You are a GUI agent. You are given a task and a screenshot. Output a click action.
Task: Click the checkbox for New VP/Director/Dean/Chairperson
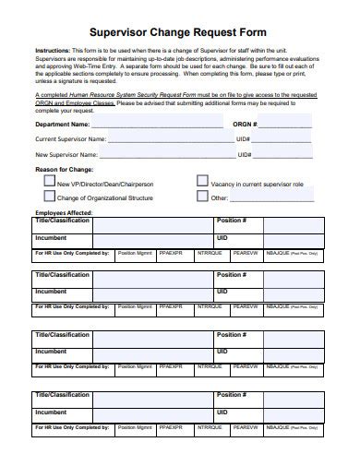(x=50, y=183)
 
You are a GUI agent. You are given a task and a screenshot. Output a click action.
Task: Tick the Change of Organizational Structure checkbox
(x=50, y=197)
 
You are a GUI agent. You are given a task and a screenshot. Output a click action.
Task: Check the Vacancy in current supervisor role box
(x=202, y=183)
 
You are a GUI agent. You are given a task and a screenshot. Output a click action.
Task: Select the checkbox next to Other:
(x=202, y=197)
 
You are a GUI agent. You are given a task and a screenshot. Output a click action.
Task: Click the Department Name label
(x=63, y=123)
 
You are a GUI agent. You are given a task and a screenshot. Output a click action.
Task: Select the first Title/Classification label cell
(x=62, y=222)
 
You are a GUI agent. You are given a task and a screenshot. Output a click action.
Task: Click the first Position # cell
(x=232, y=222)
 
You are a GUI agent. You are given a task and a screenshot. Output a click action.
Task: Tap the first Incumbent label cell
(x=51, y=237)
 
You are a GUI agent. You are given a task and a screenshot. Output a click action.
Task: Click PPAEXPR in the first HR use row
(x=171, y=252)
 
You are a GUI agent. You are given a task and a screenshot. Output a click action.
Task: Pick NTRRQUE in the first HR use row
(x=210, y=252)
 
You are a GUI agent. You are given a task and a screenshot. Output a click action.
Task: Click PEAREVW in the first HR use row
(x=246, y=252)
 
